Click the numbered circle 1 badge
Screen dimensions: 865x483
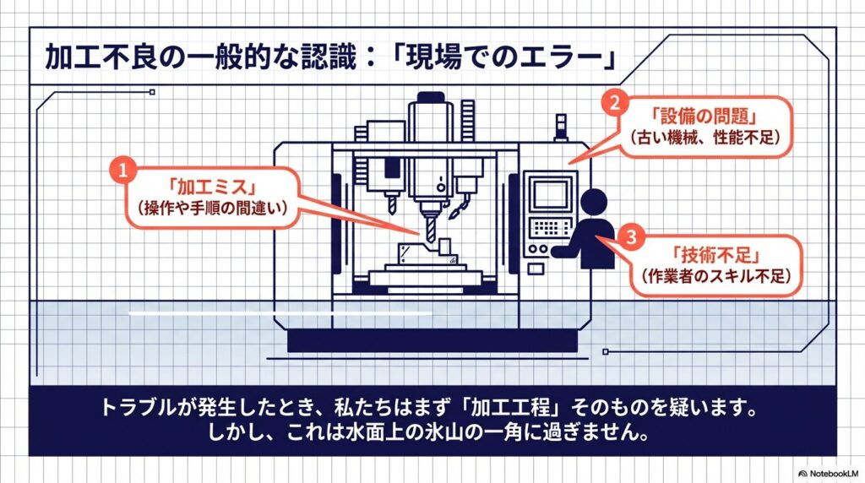pyautogui.click(x=122, y=169)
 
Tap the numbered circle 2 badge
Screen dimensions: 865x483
pyautogui.click(x=615, y=102)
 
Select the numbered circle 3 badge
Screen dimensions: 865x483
pyautogui.click(x=631, y=237)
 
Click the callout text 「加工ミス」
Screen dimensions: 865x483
pyautogui.click(x=213, y=187)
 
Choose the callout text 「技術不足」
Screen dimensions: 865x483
pyautogui.click(x=716, y=255)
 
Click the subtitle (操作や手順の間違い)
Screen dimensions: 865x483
pyautogui.click(x=213, y=208)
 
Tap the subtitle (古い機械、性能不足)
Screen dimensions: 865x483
pyautogui.click(x=705, y=137)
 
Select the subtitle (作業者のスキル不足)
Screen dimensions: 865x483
pyautogui.click(x=716, y=275)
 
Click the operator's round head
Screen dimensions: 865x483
pyautogui.click(x=593, y=202)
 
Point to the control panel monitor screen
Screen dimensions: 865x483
pyautogui.click(x=550, y=194)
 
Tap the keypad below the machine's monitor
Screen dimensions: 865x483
pyautogui.click(x=550, y=227)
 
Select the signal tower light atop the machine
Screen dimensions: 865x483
pyautogui.click(x=561, y=127)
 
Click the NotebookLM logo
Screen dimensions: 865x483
pyautogui.click(x=830, y=473)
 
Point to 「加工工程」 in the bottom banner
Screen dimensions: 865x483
pyautogui.click(x=510, y=408)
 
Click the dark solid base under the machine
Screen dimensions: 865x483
pyautogui.click(x=432, y=340)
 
